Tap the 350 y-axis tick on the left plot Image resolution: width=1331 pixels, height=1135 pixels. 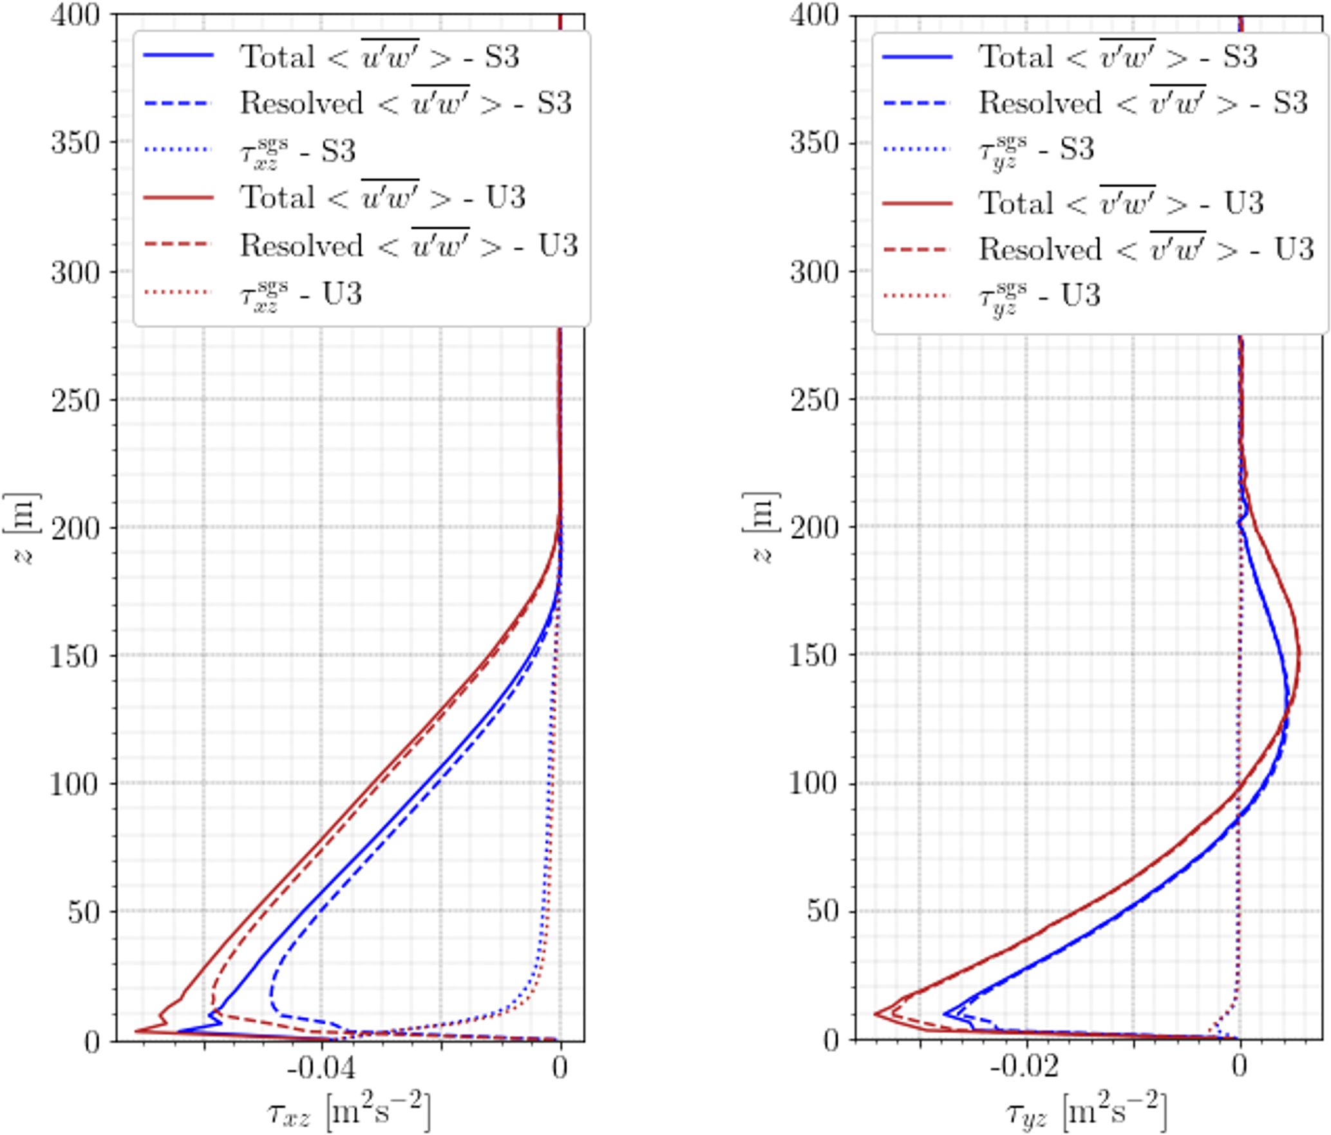pyautogui.click(x=76, y=143)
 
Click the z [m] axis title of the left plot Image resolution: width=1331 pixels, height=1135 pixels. pyautogui.click(x=22, y=528)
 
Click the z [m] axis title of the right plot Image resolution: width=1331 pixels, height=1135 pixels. pyautogui.click(x=761, y=528)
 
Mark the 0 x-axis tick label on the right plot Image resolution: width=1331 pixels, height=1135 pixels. pyautogui.click(x=1240, y=1067)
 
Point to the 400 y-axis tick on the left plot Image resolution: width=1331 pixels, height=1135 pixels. pyautogui.click(x=76, y=15)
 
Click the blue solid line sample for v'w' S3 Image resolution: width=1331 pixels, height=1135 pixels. pyautogui.click(x=917, y=57)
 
